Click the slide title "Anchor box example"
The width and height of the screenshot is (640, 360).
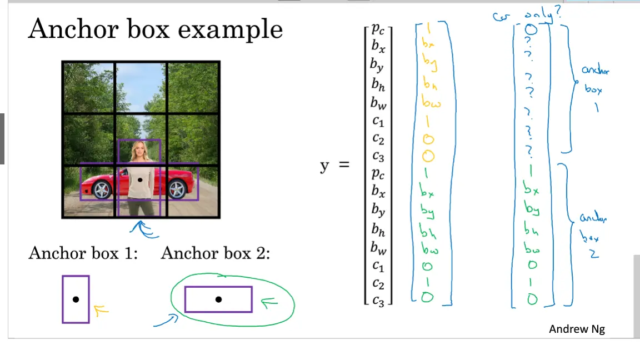pos(155,29)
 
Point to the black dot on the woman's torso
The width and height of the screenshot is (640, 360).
pos(139,179)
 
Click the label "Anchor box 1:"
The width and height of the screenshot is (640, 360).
pos(83,254)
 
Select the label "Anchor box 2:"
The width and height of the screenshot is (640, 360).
pos(216,254)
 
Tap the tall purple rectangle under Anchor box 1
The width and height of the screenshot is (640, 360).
pos(76,299)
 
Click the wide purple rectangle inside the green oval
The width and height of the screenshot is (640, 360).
pos(218,299)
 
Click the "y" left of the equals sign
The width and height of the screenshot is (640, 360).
pos(324,166)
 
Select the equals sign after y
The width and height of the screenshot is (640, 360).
pos(344,165)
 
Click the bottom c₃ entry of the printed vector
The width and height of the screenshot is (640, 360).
pos(378,301)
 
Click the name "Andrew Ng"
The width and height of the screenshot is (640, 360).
pos(577,329)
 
